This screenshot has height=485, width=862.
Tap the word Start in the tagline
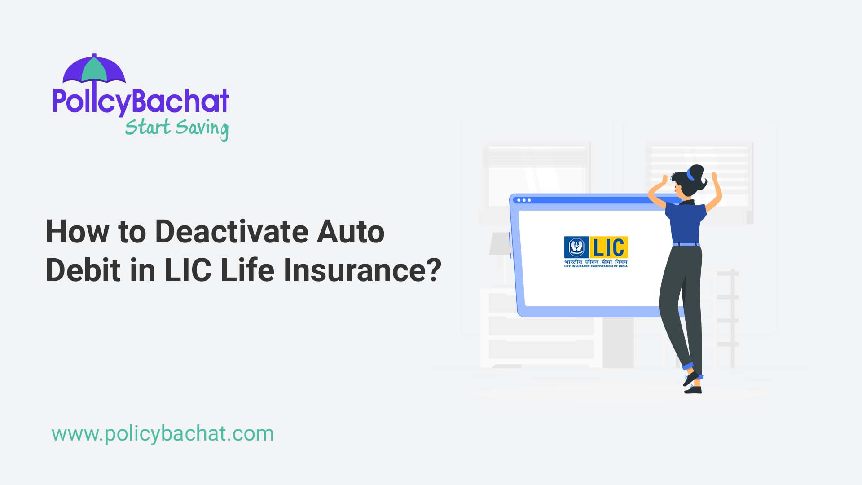click(147, 127)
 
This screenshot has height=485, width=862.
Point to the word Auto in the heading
click(351, 232)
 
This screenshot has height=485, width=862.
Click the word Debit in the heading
click(84, 270)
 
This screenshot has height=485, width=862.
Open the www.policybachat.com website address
click(163, 434)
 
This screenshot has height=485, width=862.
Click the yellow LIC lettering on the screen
click(609, 247)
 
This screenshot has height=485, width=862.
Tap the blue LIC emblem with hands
click(576, 247)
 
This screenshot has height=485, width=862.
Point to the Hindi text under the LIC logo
click(596, 262)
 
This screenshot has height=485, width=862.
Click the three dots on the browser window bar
click(524, 200)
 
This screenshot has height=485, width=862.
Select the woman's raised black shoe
click(690, 378)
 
